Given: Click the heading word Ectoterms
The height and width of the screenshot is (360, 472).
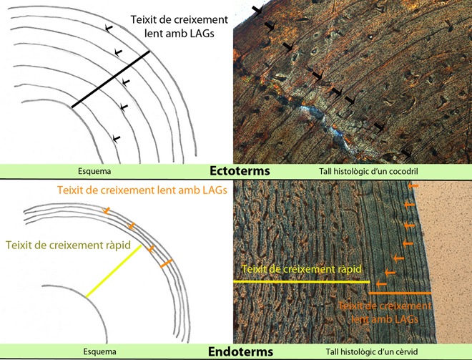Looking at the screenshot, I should pos(238,172).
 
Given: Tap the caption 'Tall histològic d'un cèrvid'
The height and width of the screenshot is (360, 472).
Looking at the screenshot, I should pos(361,352).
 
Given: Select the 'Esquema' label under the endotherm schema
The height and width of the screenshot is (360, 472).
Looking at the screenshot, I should pos(98,352).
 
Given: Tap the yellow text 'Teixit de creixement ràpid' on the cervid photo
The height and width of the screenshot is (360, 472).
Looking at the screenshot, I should pos(301,269).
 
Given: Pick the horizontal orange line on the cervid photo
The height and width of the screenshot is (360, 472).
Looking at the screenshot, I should pos(400,293).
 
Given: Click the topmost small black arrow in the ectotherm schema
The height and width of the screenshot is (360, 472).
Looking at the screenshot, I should pos(108,28).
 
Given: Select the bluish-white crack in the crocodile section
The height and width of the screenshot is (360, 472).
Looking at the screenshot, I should pos(315,113).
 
